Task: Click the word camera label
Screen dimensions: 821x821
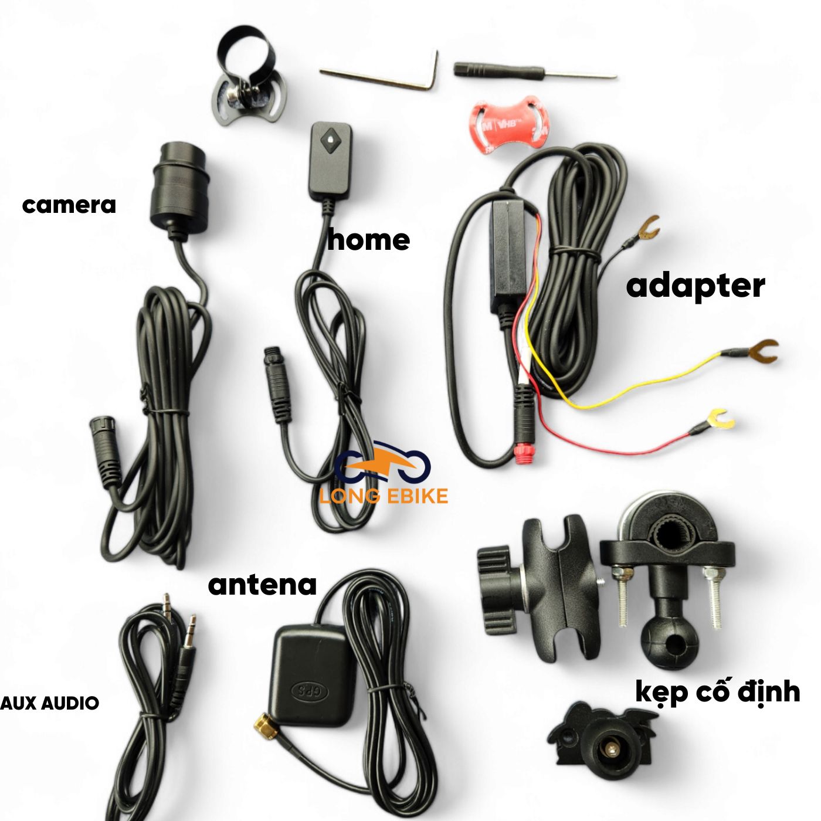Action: [69, 205]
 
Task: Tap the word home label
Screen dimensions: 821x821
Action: [368, 240]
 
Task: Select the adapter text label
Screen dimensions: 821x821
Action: [696, 287]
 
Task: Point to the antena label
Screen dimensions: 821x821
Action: [262, 585]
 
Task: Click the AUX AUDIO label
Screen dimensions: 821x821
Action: [50, 703]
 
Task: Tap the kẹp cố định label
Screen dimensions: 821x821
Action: [718, 692]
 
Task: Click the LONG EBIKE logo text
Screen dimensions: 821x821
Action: [384, 496]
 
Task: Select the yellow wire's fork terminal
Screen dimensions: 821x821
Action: [762, 351]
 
